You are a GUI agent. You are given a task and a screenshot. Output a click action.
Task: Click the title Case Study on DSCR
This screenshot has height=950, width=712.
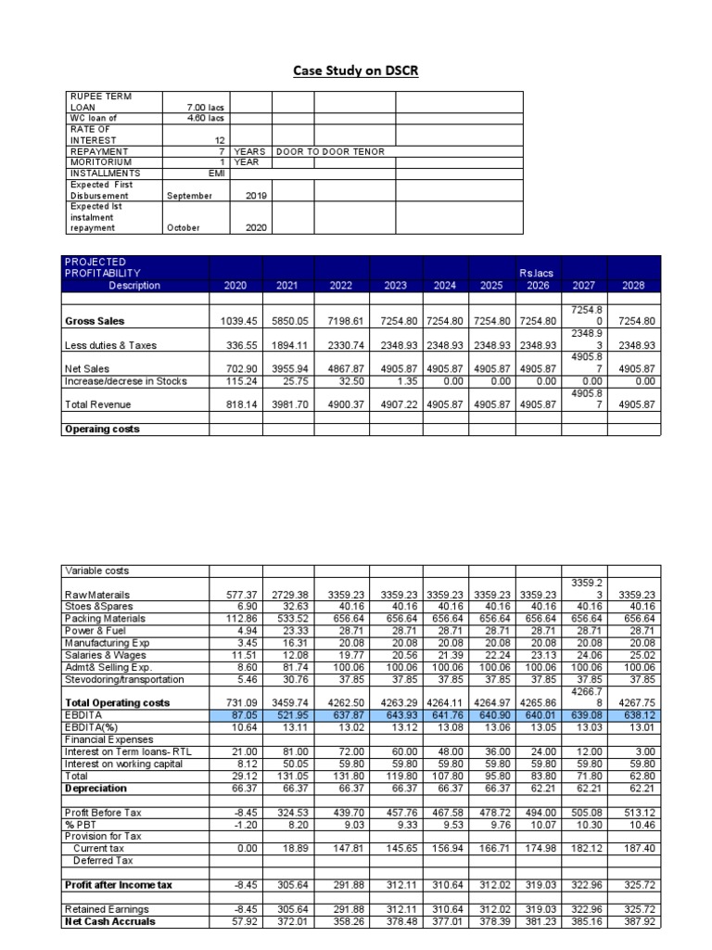point(356,71)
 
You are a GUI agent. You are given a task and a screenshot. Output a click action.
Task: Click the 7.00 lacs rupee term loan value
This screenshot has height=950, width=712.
point(205,108)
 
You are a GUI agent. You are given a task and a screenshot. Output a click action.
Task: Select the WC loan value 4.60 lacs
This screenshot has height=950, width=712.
point(205,118)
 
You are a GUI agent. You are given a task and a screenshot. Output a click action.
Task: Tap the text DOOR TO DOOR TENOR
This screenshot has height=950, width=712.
point(330,151)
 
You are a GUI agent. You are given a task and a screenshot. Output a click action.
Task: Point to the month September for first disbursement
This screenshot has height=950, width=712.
point(189,196)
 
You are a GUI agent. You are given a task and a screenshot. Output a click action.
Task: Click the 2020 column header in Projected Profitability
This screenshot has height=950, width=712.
point(235,286)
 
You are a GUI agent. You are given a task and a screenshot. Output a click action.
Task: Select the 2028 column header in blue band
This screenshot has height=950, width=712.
point(633,286)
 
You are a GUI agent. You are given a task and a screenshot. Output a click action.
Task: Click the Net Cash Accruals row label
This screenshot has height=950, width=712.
point(109,921)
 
